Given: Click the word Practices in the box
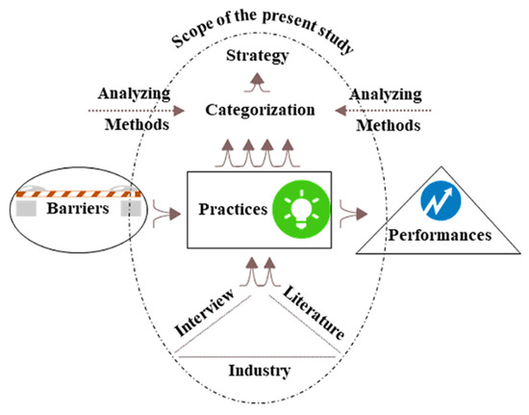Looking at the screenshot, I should [232, 210].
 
